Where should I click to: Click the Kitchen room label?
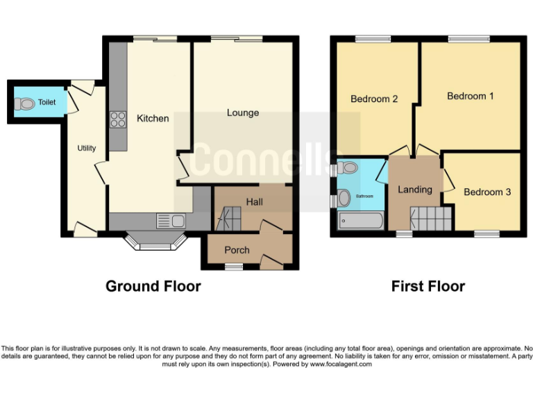pyautogui.click(x=153, y=119)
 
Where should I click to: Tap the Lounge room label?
pyautogui.click(x=243, y=112)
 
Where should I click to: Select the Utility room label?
pyautogui.click(x=87, y=148)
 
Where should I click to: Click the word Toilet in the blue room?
pyautogui.click(x=46, y=102)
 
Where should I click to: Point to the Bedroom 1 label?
pyautogui.click(x=470, y=96)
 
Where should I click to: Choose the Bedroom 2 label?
pyautogui.click(x=374, y=99)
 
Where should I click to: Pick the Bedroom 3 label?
pyautogui.click(x=487, y=192)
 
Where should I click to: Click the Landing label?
pyautogui.click(x=415, y=189)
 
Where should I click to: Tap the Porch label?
pyautogui.click(x=237, y=250)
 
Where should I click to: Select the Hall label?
pyautogui.click(x=254, y=201)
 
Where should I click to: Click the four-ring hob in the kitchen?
pyautogui.click(x=117, y=119)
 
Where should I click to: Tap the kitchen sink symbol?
pyautogui.click(x=171, y=222)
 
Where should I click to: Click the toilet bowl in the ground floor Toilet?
pyautogui.click(x=25, y=104)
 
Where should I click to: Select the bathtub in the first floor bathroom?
pyautogui.click(x=359, y=222)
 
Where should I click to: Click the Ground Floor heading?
pyautogui.click(x=153, y=286)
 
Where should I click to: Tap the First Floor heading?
pyautogui.click(x=428, y=286)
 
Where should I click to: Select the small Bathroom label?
pyautogui.click(x=364, y=197)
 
